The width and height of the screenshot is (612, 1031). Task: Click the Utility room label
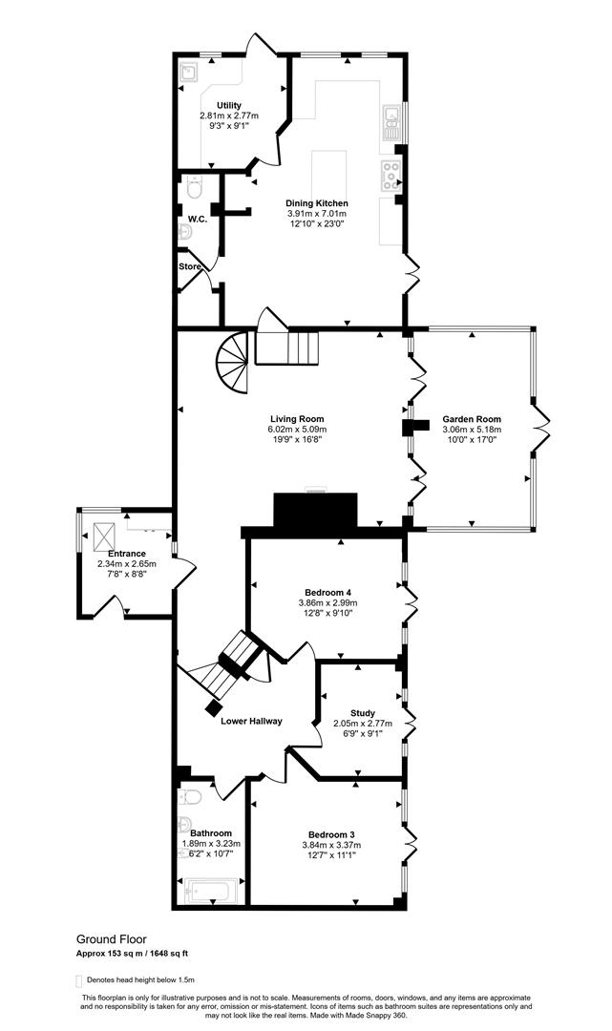pyautogui.click(x=228, y=105)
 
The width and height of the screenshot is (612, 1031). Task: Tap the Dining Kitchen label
pyautogui.click(x=318, y=203)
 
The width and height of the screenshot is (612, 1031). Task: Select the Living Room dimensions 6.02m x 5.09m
pyautogui.click(x=297, y=430)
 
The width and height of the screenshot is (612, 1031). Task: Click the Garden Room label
pyautogui.click(x=472, y=419)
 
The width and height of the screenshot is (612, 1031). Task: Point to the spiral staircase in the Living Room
pyautogui.click(x=234, y=364)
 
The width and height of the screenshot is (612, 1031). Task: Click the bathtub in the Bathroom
pyautogui.click(x=212, y=892)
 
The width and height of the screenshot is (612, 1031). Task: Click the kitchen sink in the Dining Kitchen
pyautogui.click(x=391, y=118)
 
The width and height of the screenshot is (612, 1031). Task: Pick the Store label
pyautogui.click(x=189, y=266)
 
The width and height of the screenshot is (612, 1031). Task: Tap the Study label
pyautogui.click(x=362, y=713)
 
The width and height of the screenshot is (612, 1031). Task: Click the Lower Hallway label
pyautogui.click(x=251, y=721)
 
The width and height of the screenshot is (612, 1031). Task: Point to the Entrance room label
pyautogui.click(x=126, y=554)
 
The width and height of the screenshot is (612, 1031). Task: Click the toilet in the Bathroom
pyautogui.click(x=189, y=798)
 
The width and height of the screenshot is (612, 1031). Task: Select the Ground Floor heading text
pyautogui.click(x=112, y=939)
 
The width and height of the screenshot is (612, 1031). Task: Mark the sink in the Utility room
pyautogui.click(x=187, y=70)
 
